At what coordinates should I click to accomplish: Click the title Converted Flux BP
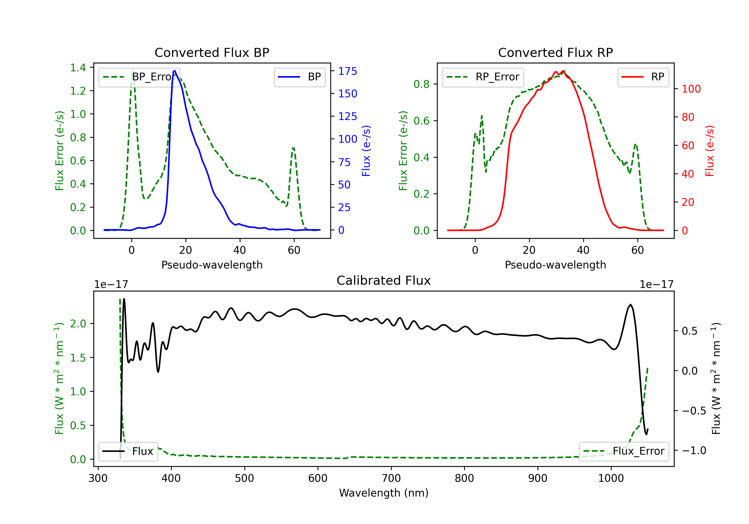212,52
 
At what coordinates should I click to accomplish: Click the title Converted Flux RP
556,52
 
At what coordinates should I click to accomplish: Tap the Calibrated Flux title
384,280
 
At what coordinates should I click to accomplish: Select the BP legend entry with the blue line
299,77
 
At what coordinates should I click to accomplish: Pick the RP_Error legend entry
483,77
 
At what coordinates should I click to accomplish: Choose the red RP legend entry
643,77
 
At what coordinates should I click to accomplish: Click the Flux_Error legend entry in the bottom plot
624,451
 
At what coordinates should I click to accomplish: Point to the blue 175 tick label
348,71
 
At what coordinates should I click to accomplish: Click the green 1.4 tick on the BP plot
78,68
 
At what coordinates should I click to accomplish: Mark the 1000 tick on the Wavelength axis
611,478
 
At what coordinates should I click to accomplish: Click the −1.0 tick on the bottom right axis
694,450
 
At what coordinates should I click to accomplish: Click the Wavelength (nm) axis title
384,493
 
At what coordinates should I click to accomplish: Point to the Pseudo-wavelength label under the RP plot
556,265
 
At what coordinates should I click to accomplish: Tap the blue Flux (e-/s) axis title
366,151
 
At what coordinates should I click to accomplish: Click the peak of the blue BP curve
175,71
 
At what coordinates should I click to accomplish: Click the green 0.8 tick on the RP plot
421,84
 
